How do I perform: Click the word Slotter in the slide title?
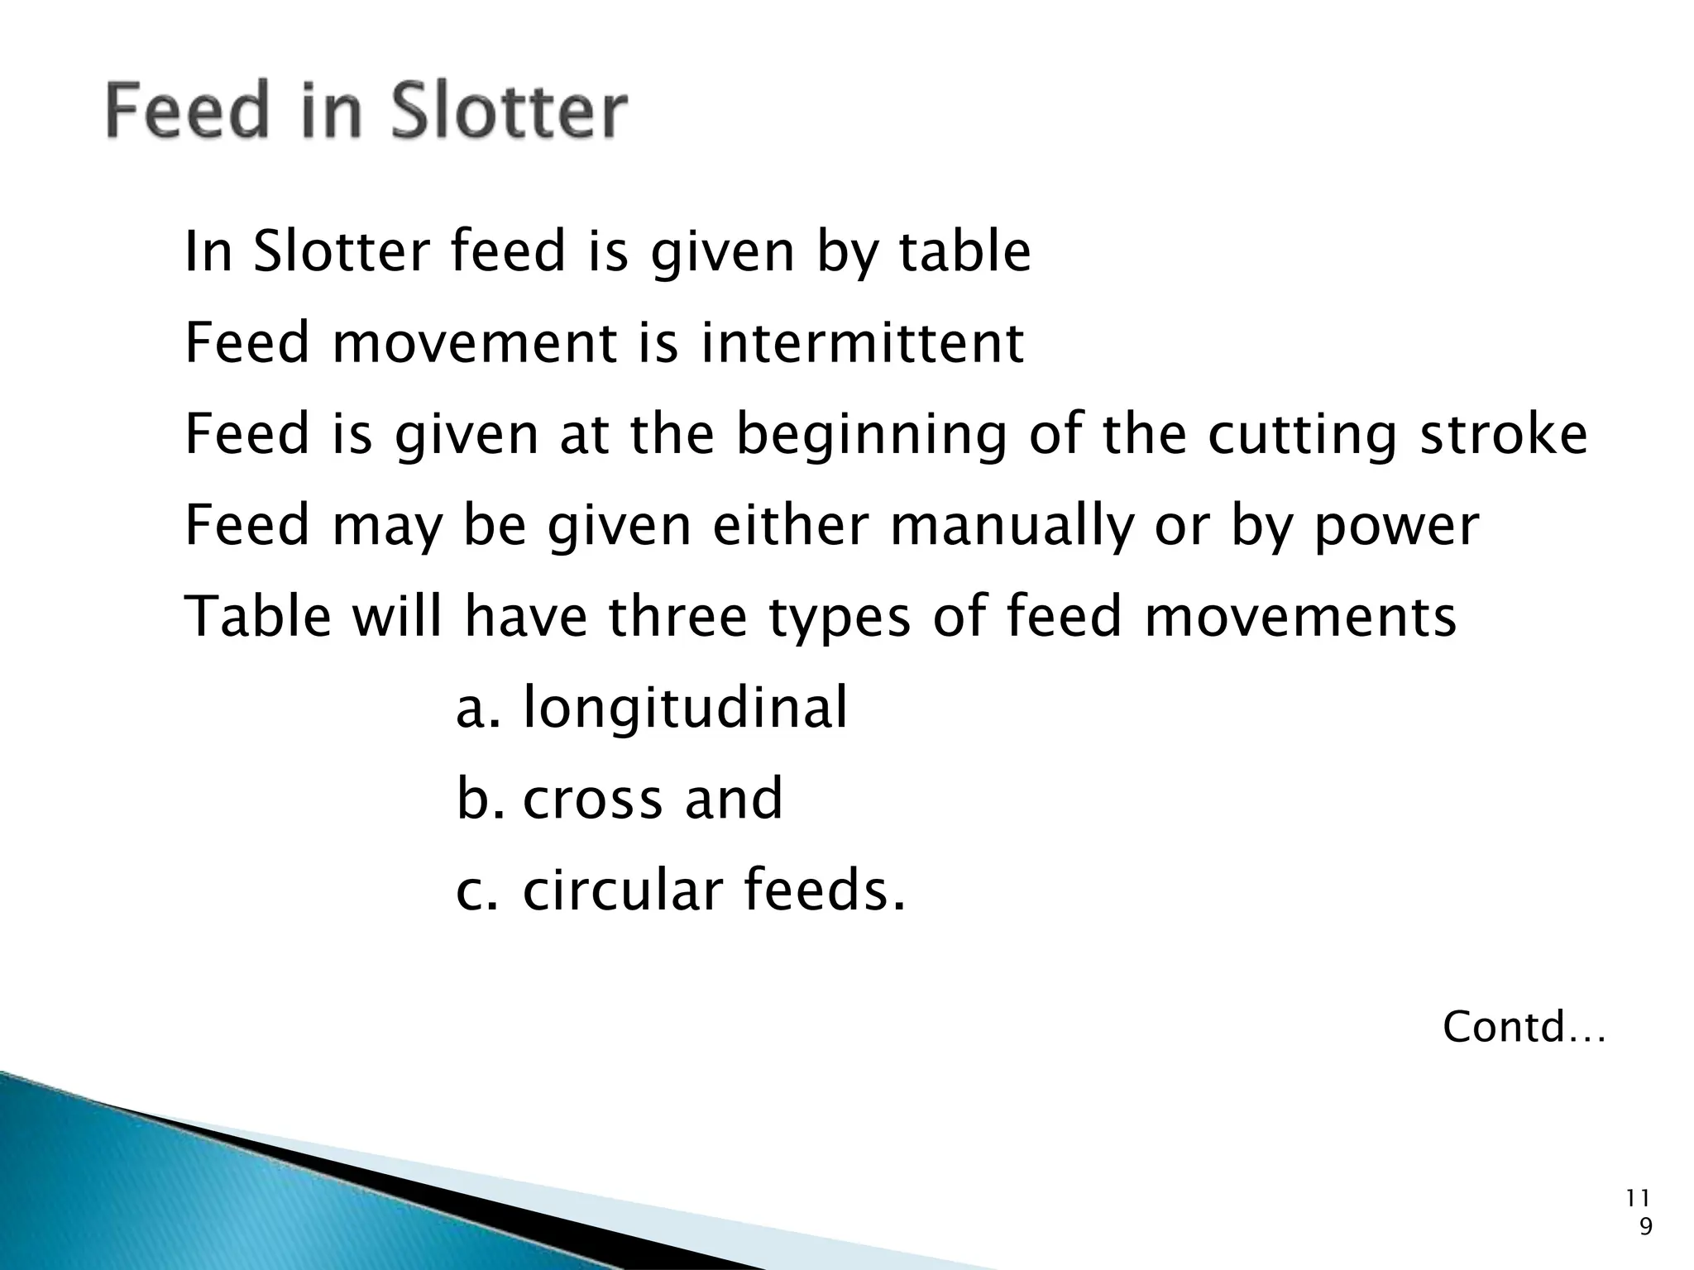(x=509, y=112)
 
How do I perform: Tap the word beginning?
(x=871, y=436)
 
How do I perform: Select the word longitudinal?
(x=686, y=708)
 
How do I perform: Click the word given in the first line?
(x=722, y=253)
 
